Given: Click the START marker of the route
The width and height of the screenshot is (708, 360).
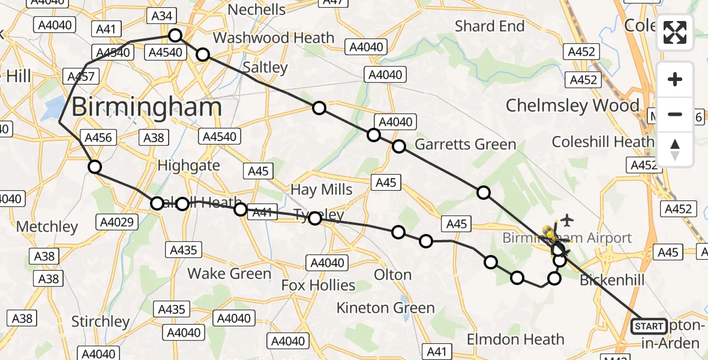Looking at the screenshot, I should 649,326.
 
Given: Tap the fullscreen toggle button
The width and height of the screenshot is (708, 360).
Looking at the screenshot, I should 675,32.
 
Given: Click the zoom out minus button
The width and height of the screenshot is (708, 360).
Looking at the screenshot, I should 675,114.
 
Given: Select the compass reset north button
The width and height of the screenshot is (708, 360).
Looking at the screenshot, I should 675,149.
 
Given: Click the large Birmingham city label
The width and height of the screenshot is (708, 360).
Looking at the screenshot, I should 147,108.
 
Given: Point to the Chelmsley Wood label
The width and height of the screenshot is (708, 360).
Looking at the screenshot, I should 572,106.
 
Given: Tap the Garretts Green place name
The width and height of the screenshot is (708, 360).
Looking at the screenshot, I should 466,145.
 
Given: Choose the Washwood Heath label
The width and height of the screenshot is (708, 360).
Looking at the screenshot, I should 274,38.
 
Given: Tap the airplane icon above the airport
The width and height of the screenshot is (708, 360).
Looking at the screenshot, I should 566,220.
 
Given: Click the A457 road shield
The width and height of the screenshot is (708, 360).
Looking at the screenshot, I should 79,77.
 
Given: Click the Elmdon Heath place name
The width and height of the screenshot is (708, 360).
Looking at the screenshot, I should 515,340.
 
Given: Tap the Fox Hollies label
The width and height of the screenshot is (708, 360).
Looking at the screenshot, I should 319,285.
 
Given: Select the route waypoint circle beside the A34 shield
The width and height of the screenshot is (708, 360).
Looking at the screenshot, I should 175,35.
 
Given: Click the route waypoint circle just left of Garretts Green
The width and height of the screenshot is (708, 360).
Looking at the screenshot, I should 399,146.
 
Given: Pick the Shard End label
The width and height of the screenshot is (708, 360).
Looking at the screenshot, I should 490,26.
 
